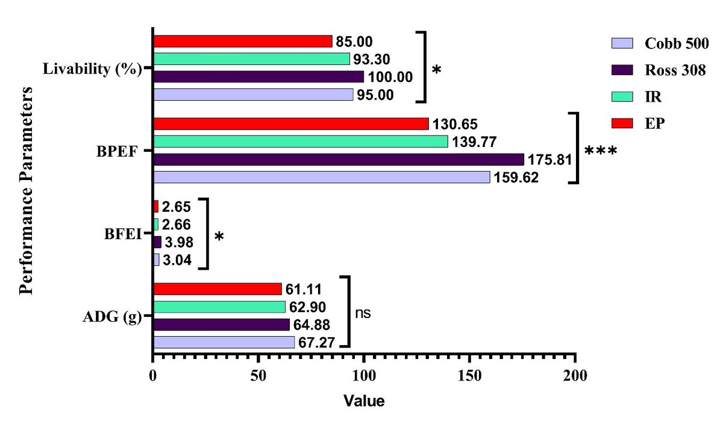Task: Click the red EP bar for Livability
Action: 242,41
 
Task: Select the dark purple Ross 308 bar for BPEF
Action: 339,159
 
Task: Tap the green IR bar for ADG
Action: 219,307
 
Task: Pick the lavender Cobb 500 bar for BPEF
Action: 321,177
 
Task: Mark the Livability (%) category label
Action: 92,69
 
